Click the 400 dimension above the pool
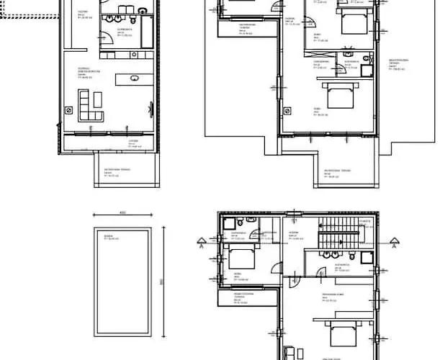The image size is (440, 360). [x=122, y=214]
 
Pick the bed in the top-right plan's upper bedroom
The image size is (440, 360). [x=351, y=23]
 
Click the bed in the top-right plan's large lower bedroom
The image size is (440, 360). [x=336, y=94]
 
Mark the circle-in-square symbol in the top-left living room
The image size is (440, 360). [x=69, y=110]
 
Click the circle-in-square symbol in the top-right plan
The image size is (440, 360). [x=289, y=110]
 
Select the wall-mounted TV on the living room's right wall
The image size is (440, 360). [x=151, y=107]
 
